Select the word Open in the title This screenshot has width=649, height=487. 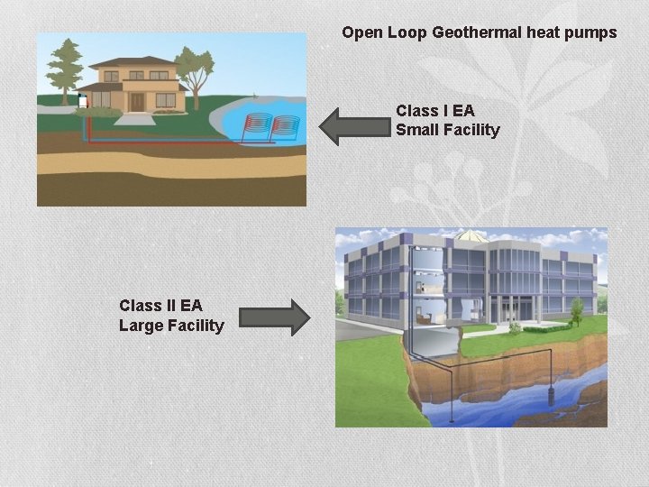[x=362, y=32]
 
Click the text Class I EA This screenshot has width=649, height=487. [x=434, y=111]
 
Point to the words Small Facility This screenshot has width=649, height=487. [x=447, y=130]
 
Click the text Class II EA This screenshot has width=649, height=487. [x=160, y=306]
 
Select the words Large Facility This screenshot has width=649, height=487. [x=171, y=325]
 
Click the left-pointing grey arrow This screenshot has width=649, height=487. [x=352, y=126]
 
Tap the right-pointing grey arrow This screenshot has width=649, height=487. [x=274, y=317]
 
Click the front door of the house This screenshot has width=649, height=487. [x=138, y=101]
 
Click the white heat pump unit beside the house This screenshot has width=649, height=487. [x=83, y=101]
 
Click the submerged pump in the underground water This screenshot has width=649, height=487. [x=551, y=394]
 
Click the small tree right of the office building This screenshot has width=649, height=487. [x=576, y=311]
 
